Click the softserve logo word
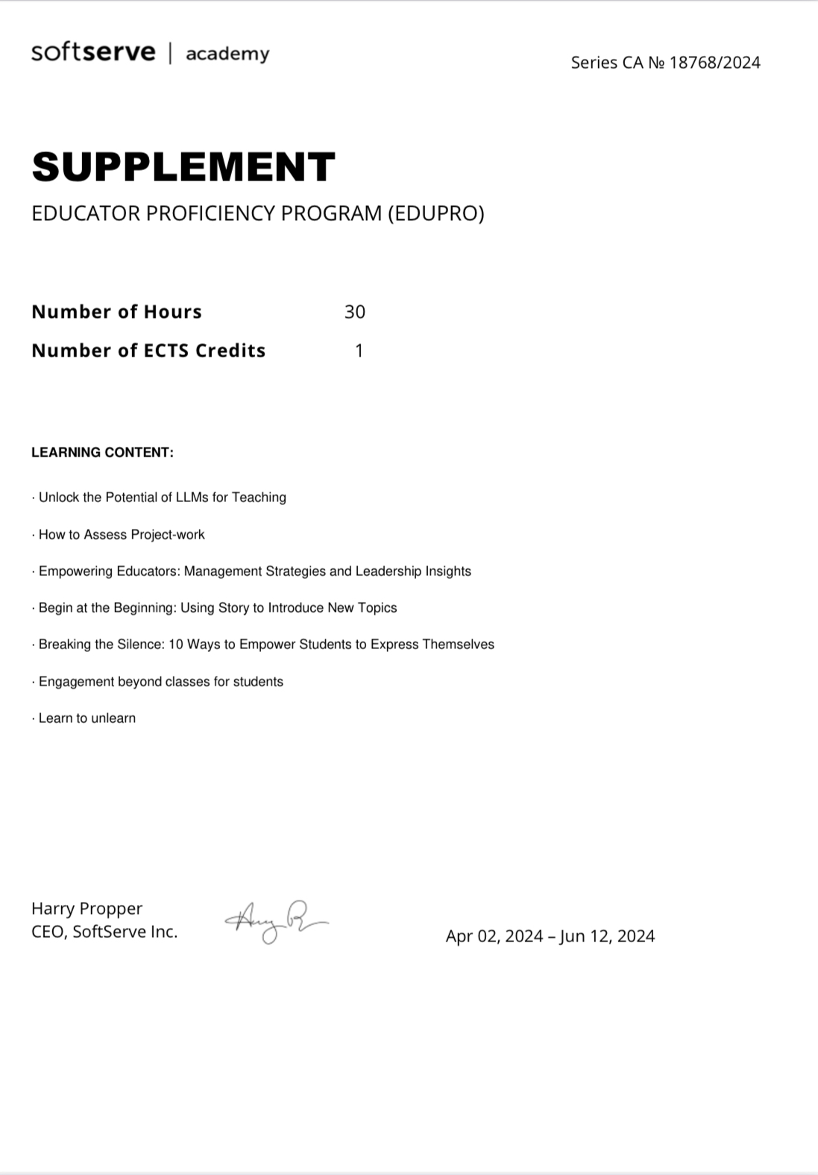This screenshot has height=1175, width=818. [x=93, y=52]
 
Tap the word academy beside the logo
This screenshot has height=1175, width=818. [x=227, y=54]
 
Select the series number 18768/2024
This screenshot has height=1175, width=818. [x=714, y=63]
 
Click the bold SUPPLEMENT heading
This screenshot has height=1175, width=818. [x=183, y=166]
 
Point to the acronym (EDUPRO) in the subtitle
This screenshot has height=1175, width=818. [x=435, y=213]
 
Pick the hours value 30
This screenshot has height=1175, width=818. [x=355, y=312]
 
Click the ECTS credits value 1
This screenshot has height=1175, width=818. [x=359, y=351]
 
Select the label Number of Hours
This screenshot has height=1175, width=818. [x=116, y=312]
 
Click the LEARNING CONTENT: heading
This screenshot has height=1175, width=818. [x=102, y=452]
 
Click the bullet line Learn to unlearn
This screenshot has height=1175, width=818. [x=86, y=718]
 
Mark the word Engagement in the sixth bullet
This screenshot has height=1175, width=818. [x=76, y=682]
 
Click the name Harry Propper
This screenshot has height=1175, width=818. [x=86, y=909]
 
